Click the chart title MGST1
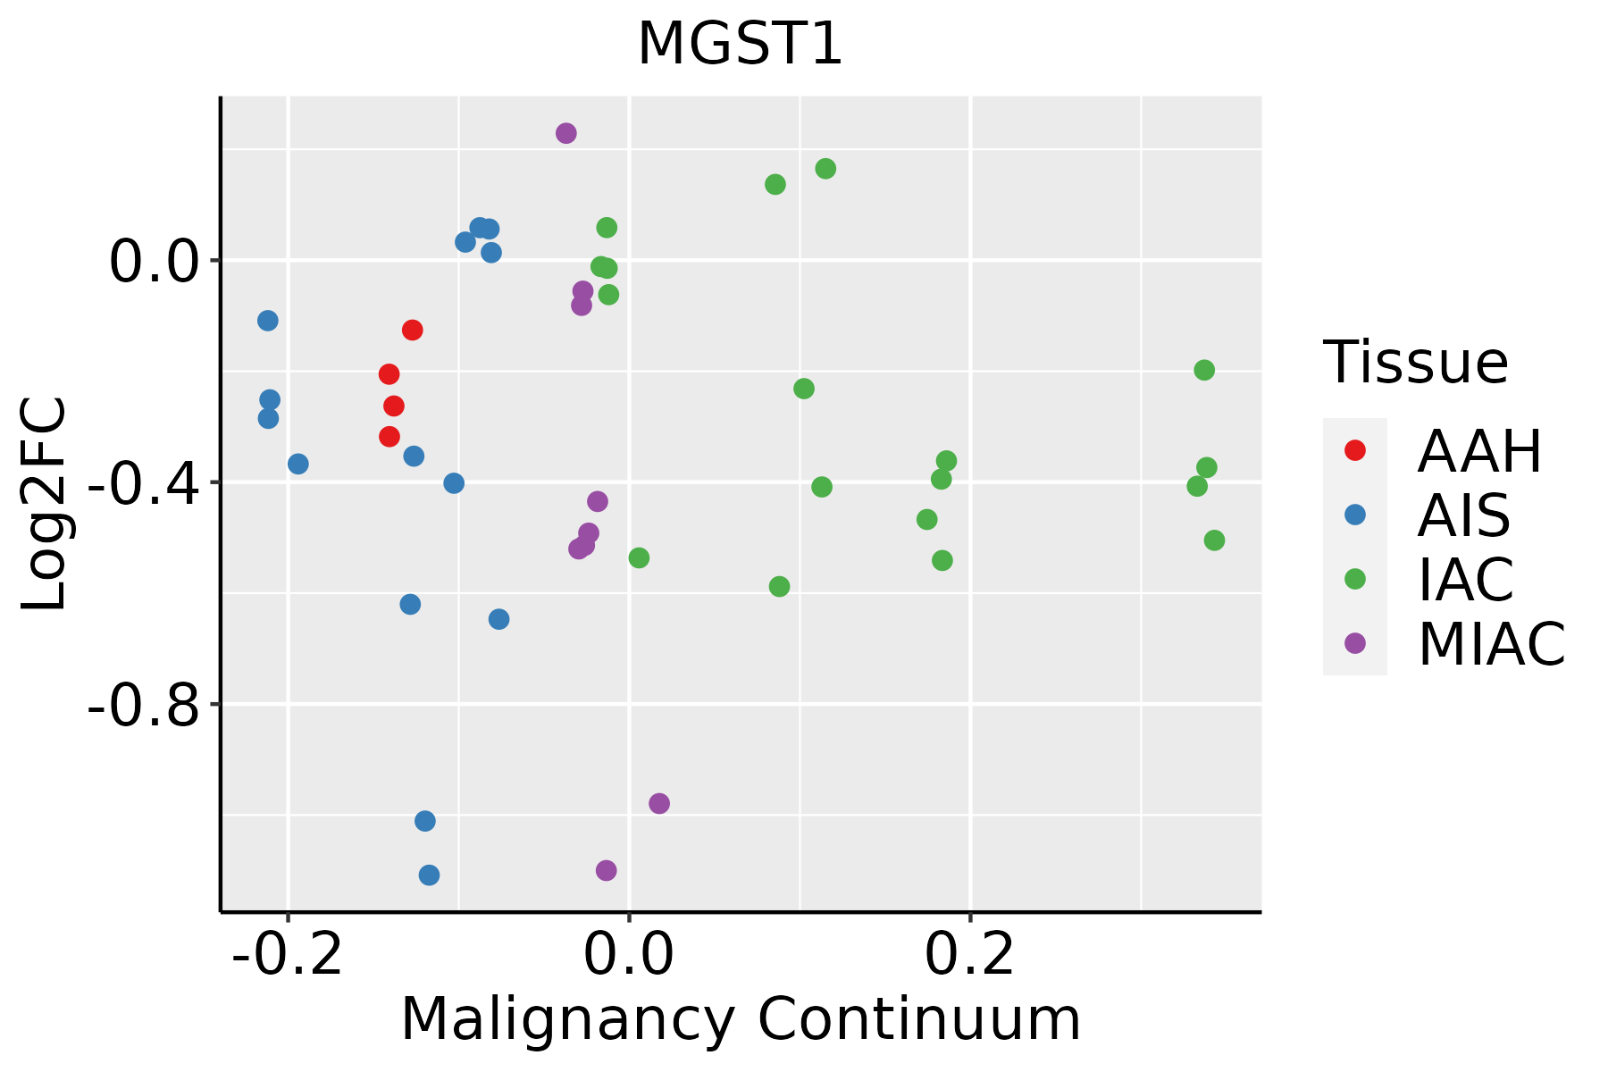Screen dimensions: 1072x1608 click(740, 45)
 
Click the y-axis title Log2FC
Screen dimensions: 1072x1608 click(45, 505)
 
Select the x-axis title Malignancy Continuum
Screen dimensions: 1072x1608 click(741, 1019)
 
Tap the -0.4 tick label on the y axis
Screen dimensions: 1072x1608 click(142, 483)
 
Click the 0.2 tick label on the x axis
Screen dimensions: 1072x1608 click(970, 955)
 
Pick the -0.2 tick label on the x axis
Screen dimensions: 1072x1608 click(288, 955)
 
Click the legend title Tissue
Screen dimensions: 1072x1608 click(1416, 363)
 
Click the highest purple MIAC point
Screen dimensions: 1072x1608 click(566, 133)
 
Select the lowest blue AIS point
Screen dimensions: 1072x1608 click(430, 875)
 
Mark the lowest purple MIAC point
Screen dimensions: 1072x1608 click(607, 870)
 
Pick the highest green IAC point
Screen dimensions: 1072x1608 click(825, 169)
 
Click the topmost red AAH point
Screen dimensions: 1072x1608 click(412, 331)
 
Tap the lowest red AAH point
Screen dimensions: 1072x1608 click(389, 437)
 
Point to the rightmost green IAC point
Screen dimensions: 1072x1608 click(1214, 540)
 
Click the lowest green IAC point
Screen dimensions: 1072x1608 click(780, 587)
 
